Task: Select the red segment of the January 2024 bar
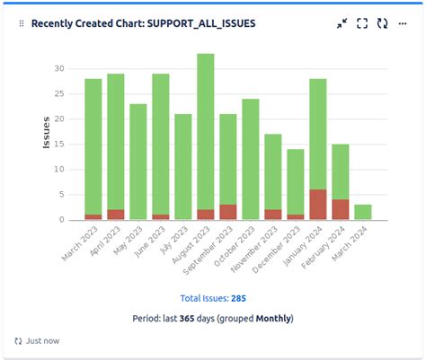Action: (x=318, y=205)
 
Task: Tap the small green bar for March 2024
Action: (x=362, y=212)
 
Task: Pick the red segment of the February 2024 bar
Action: (x=341, y=209)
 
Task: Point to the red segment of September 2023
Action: (x=228, y=212)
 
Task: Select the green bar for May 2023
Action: (x=138, y=162)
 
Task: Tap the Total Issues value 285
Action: (x=238, y=298)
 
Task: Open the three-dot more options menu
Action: (x=403, y=24)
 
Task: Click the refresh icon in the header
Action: (x=383, y=24)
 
